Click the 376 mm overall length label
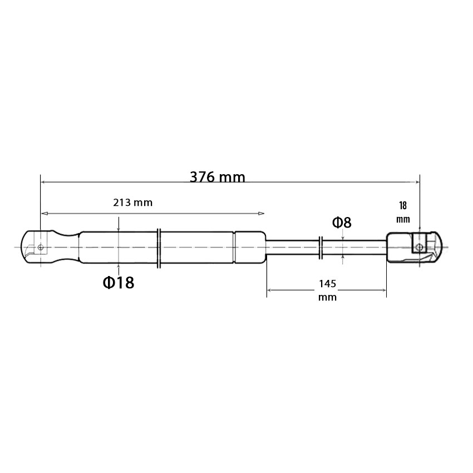[217, 177]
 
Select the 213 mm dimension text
[133, 203]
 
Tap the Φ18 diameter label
[118, 283]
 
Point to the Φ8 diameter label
[342, 223]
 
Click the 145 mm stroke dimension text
[327, 290]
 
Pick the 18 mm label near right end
[403, 212]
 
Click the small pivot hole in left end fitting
[41, 248]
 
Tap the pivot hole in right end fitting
[420, 248]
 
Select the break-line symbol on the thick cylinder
[159, 248]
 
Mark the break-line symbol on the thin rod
[321, 248]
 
